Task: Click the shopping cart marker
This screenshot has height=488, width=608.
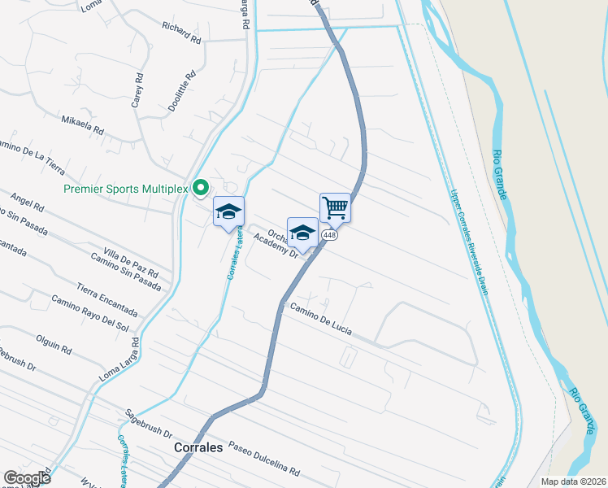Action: [335, 209]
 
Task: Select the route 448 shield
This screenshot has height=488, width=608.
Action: [329, 235]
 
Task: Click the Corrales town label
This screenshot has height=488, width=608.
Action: [198, 447]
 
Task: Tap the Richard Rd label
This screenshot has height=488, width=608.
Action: [180, 32]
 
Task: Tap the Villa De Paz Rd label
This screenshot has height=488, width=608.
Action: [131, 260]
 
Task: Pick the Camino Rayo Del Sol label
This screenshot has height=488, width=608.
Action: [90, 313]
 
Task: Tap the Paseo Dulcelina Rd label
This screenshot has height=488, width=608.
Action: [264, 460]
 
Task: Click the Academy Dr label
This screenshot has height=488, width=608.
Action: [276, 246]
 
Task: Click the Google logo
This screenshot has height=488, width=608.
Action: [27, 478]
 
